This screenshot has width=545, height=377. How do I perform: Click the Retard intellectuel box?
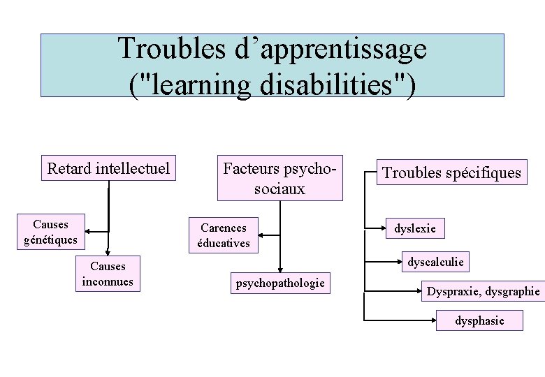108,168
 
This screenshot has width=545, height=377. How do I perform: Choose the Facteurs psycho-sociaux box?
279,178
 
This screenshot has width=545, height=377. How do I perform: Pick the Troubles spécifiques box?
451,172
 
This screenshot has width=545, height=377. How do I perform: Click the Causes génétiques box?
50,232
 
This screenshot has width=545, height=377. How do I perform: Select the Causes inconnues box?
108,274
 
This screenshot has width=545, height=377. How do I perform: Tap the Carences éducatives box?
224,235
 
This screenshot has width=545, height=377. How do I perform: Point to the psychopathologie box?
280,283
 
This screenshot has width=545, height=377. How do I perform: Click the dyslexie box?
415,228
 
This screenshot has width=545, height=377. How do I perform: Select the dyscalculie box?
435,262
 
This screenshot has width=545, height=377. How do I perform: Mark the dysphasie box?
479,320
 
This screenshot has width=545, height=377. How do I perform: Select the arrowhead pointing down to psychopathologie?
280,269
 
